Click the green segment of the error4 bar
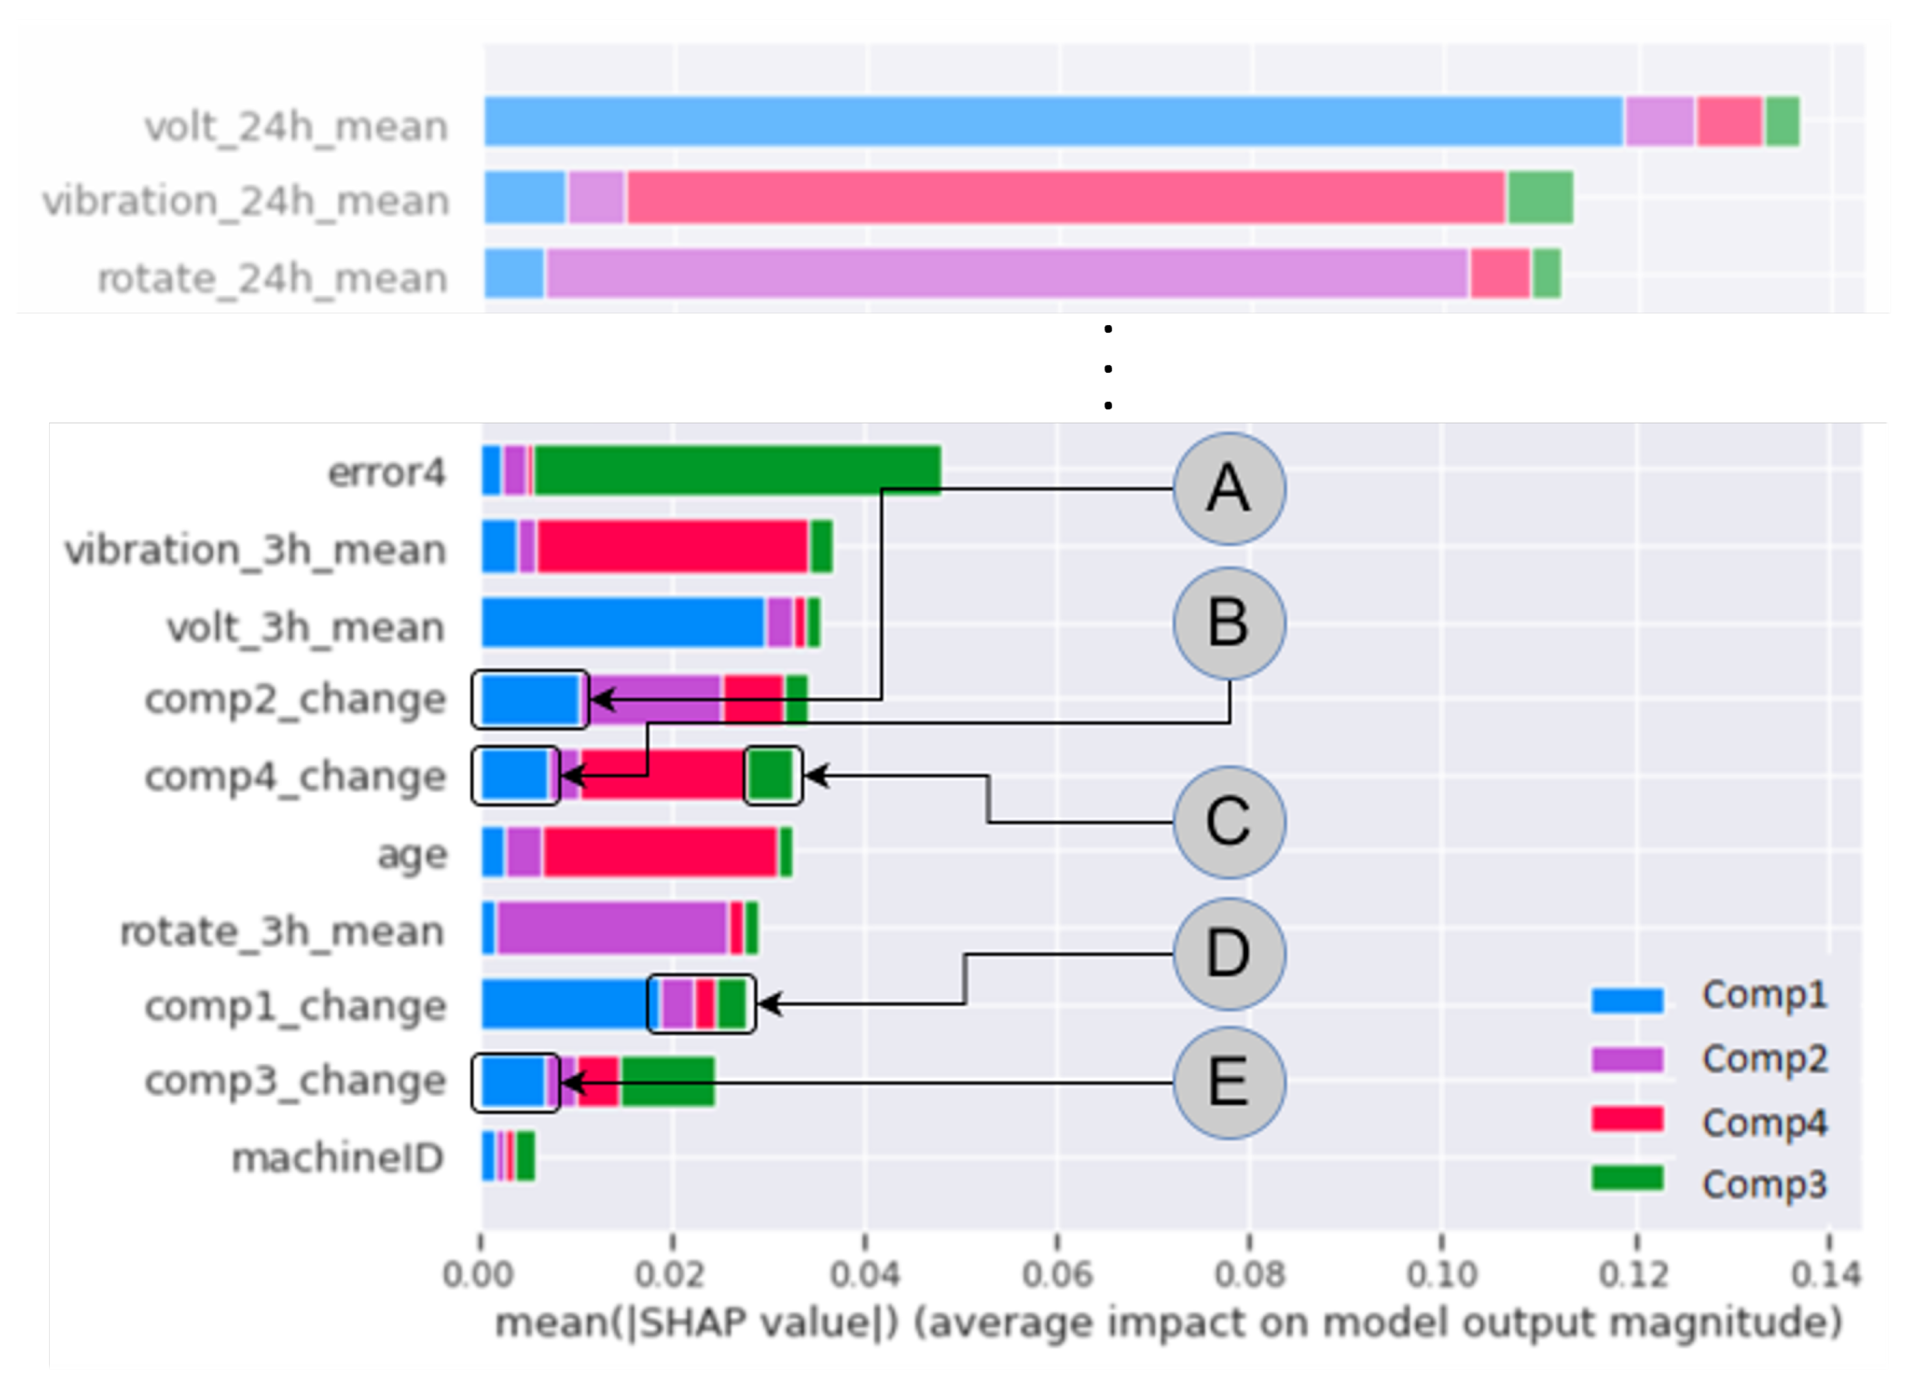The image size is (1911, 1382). click(738, 470)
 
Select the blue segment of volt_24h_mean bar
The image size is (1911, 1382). click(1053, 122)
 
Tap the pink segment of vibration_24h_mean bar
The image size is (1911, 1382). click(1066, 197)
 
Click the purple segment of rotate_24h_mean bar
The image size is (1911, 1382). click(1007, 273)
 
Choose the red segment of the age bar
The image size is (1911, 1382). click(660, 852)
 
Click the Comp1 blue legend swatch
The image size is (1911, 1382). click(1627, 1000)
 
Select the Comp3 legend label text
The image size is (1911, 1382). click(1764, 1184)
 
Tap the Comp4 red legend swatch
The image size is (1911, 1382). click(1627, 1120)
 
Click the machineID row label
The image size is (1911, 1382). click(337, 1159)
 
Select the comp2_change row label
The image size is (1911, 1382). click(295, 699)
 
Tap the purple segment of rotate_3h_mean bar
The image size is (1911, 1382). click(612, 928)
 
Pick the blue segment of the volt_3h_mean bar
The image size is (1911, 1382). click(622, 623)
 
